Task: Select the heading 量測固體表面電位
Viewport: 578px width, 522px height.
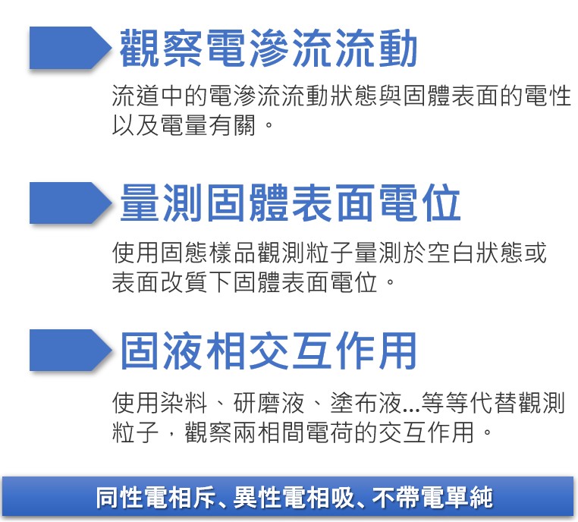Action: coord(291,204)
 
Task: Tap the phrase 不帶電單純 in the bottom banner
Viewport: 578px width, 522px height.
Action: coord(433,498)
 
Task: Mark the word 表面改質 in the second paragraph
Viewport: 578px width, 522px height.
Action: coord(161,283)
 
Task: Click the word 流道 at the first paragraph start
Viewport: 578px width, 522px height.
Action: coord(136,96)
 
